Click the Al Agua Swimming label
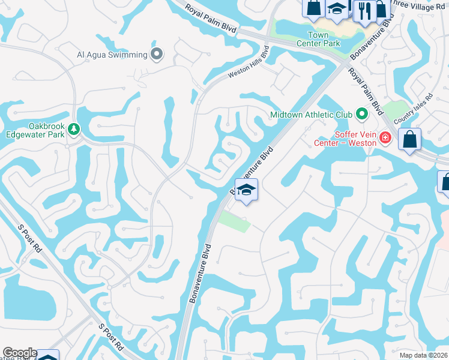[112, 55]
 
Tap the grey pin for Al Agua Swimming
[157, 55]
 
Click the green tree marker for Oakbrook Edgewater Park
[74, 129]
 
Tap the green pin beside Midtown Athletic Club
[361, 113]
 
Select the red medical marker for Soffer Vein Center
[385, 139]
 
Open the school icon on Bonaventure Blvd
[246, 191]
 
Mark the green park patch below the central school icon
[234, 221]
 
